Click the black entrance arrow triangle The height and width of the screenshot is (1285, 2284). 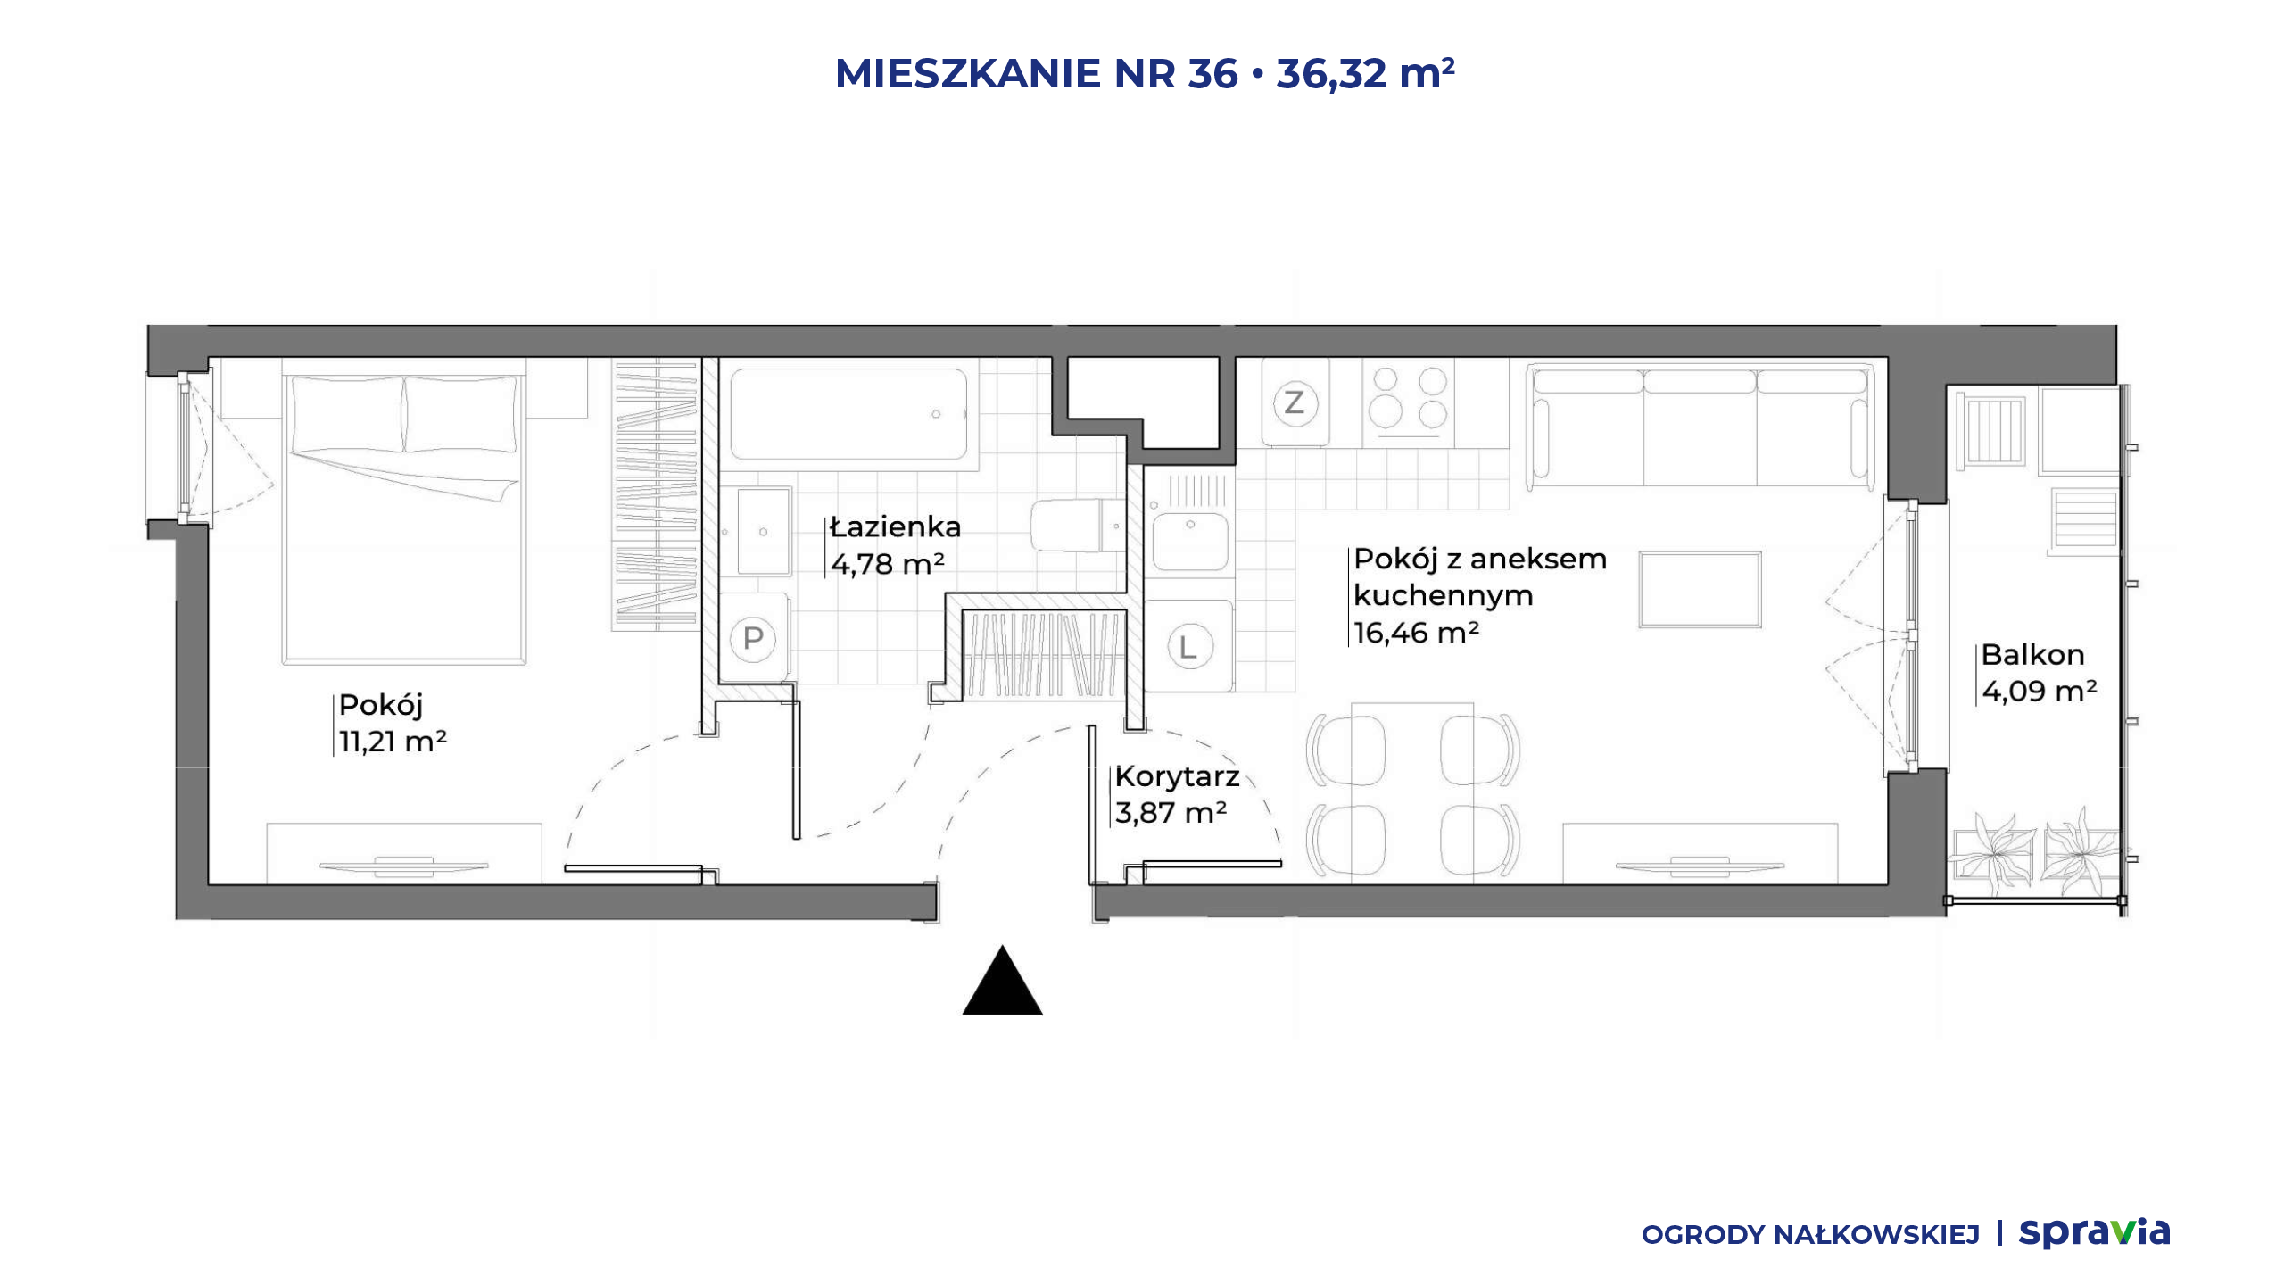tap(1002, 981)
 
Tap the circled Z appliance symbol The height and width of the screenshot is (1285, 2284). tap(1295, 402)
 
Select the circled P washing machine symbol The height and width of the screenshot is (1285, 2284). tap(753, 639)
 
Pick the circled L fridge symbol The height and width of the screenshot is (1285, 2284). tap(1188, 646)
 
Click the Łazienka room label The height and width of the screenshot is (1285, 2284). tap(895, 526)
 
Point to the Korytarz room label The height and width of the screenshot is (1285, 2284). tap(1177, 776)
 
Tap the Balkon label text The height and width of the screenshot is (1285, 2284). tap(2032, 654)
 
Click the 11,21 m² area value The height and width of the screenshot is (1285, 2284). tap(393, 741)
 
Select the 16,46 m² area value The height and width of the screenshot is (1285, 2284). tap(1416, 633)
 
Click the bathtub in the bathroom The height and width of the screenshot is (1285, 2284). tap(848, 414)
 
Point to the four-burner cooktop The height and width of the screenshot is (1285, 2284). tap(1408, 402)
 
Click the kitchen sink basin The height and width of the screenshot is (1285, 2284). tap(1189, 541)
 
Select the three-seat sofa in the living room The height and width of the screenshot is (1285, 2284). tap(1700, 427)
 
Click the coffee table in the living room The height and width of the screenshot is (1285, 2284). tap(1700, 590)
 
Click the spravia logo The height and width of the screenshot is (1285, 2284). tap(2094, 1233)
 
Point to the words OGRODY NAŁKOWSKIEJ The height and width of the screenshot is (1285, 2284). tap(1810, 1235)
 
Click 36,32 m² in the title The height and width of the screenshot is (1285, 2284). tap(1365, 73)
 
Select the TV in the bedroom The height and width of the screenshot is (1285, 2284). tap(403, 866)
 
